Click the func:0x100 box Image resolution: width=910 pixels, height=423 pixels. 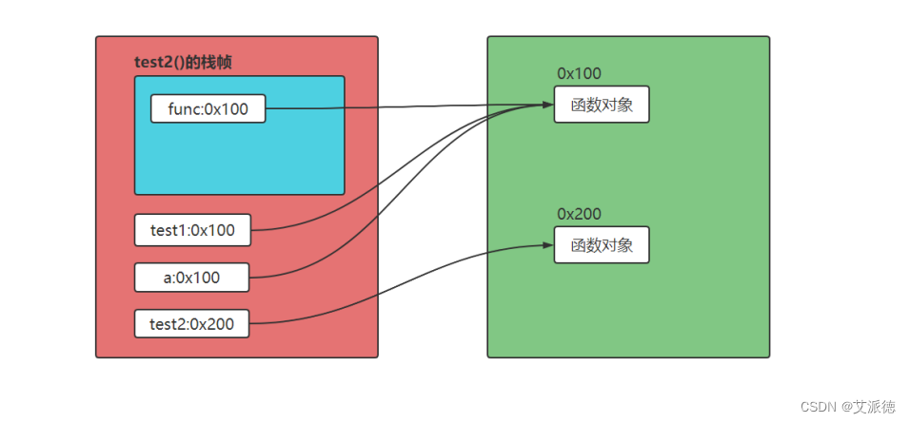pyautogui.click(x=208, y=109)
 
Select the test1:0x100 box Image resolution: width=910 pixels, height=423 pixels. pyautogui.click(x=192, y=229)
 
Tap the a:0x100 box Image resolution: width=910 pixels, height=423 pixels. pyautogui.click(x=192, y=278)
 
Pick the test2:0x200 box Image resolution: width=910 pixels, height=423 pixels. pyautogui.click(x=192, y=324)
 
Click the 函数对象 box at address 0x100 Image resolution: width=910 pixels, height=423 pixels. pyautogui.click(x=602, y=105)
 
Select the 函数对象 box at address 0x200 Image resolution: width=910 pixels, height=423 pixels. pyautogui.click(x=602, y=245)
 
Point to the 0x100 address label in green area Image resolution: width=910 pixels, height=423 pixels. pyautogui.click(x=579, y=74)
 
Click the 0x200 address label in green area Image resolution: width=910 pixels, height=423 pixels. pyautogui.click(x=579, y=214)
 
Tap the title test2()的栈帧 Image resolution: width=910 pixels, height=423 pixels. pyautogui.click(x=184, y=62)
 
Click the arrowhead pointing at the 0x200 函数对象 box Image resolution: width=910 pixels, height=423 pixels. pyautogui.click(x=548, y=244)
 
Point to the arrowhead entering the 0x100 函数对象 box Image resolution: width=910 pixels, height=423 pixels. pyautogui.click(x=548, y=105)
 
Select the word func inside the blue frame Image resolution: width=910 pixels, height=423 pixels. pyautogui.click(x=185, y=109)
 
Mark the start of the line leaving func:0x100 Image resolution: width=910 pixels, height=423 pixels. pyautogui.click(x=266, y=109)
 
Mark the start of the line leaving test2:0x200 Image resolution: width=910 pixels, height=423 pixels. pyautogui.click(x=250, y=324)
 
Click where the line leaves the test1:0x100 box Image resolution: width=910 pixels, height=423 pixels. pyautogui.click(x=251, y=229)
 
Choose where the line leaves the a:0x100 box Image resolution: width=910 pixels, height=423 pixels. pyautogui.click(x=249, y=278)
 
